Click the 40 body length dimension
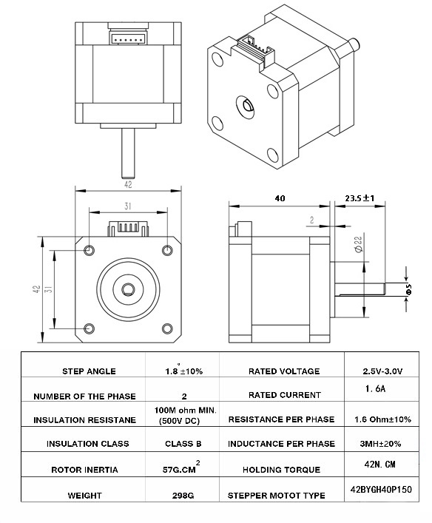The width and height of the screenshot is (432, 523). click(279, 198)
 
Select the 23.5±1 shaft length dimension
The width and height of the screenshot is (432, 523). click(360, 198)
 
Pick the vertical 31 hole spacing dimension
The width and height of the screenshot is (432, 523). click(47, 291)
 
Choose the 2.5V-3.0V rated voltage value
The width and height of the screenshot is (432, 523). click(382, 371)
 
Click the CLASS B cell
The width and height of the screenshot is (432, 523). click(181, 444)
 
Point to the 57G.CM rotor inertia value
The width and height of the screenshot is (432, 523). click(181, 469)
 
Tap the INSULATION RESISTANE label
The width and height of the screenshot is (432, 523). click(84, 420)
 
